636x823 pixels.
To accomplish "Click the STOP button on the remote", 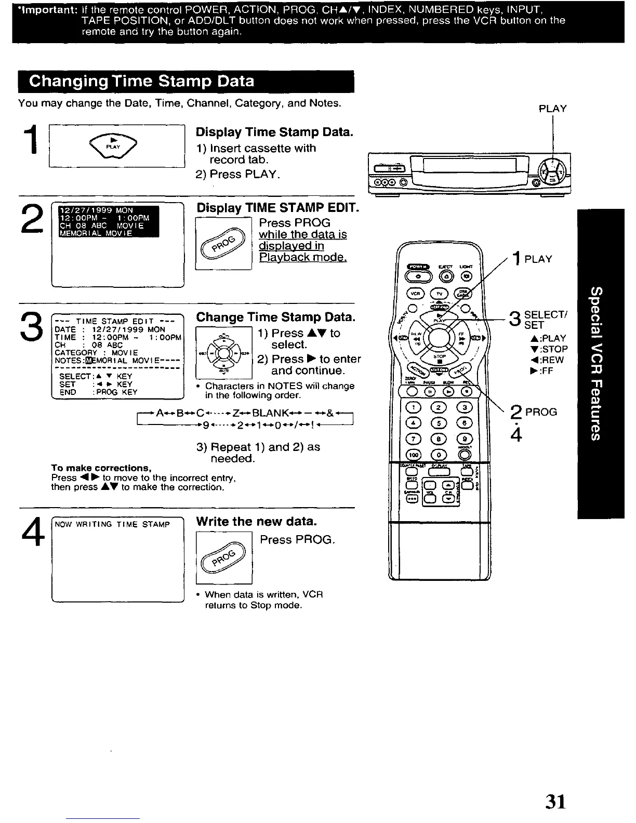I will click(441, 360).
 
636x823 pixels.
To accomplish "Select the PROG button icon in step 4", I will click(223, 557).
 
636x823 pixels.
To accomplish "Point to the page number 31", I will click(555, 801).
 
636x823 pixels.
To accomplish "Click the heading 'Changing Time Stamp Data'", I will click(142, 82).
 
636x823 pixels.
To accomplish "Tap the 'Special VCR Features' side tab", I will click(600, 363).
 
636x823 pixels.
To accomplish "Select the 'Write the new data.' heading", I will click(256, 521).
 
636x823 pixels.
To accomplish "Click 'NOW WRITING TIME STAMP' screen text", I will click(112, 524).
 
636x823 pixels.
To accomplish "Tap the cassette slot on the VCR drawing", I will click(469, 166).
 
